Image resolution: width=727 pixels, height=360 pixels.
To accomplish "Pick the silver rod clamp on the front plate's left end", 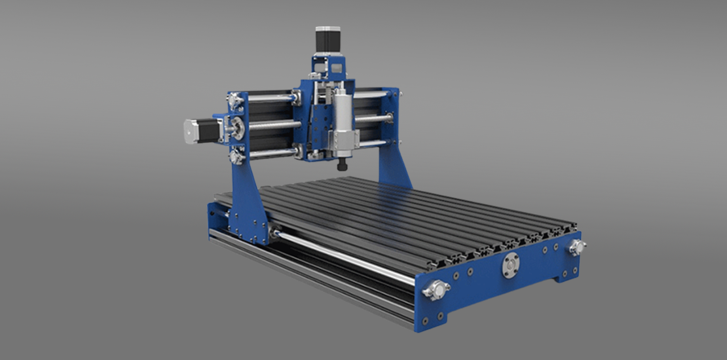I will [436, 289].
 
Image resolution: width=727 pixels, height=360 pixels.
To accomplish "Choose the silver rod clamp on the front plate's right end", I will [576, 247].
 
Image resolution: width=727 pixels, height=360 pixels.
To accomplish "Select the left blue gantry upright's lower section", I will [249, 203].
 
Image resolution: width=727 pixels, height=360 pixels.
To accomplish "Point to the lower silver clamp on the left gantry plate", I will [236, 156].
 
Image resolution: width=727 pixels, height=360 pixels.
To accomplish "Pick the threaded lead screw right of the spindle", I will [373, 119].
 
